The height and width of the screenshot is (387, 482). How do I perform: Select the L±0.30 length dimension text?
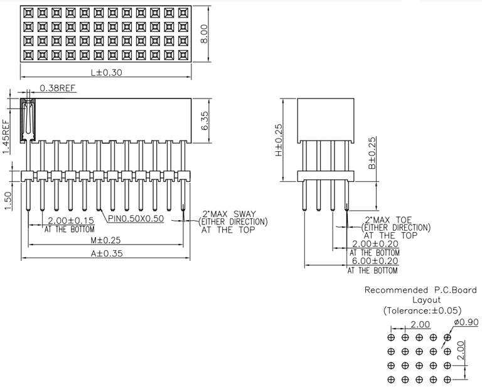(106, 72)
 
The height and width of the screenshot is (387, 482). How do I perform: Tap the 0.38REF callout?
(58, 88)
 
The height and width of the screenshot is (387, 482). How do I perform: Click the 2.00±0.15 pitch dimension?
(71, 220)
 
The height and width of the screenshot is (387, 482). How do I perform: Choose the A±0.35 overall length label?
(107, 255)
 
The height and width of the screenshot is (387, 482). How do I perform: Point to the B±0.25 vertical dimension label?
(372, 154)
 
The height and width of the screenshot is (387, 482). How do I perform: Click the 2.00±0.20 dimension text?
(375, 243)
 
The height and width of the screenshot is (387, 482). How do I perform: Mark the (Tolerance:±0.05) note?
(422, 310)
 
